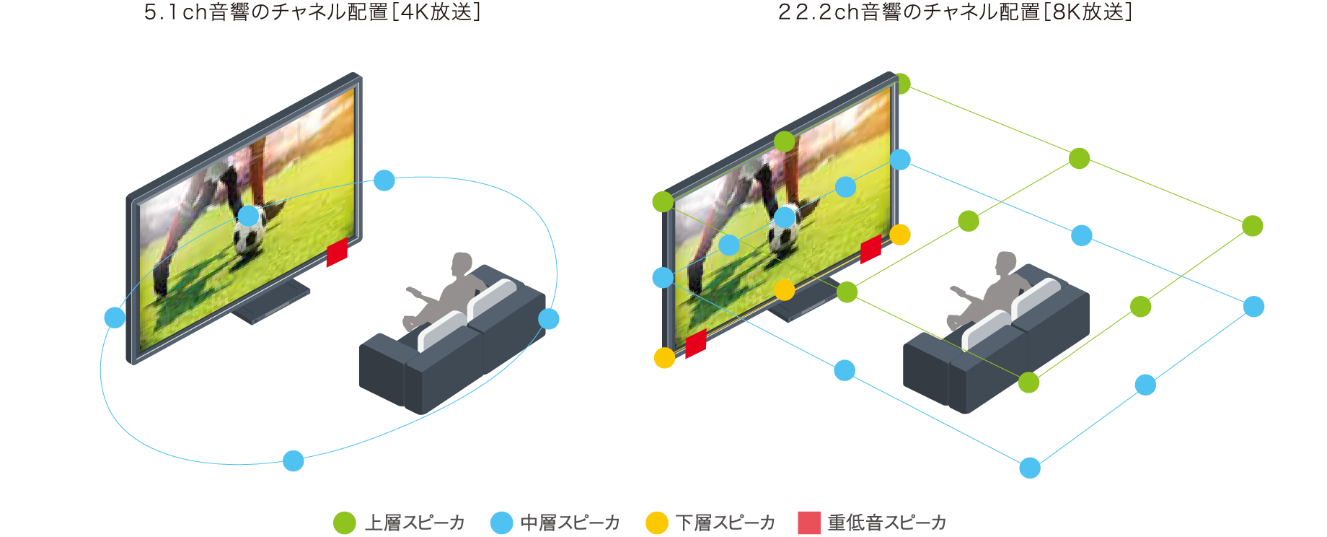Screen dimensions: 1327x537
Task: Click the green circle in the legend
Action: [345, 523]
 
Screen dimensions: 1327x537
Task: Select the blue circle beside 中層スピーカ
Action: [501, 523]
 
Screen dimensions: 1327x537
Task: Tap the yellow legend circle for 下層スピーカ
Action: [657, 523]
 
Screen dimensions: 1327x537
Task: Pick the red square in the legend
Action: [809, 523]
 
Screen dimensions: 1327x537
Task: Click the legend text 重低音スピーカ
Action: [887, 523]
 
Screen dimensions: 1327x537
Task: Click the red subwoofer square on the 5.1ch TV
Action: [337, 252]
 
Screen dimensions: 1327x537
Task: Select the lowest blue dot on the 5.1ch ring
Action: [294, 460]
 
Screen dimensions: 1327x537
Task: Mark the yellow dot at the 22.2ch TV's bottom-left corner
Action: [664, 357]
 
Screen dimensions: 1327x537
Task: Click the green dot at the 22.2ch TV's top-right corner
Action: [901, 84]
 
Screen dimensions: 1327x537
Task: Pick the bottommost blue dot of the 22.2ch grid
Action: [1030, 468]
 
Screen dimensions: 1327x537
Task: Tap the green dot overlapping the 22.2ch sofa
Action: [1028, 383]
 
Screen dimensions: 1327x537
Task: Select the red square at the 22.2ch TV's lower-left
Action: [696, 344]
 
